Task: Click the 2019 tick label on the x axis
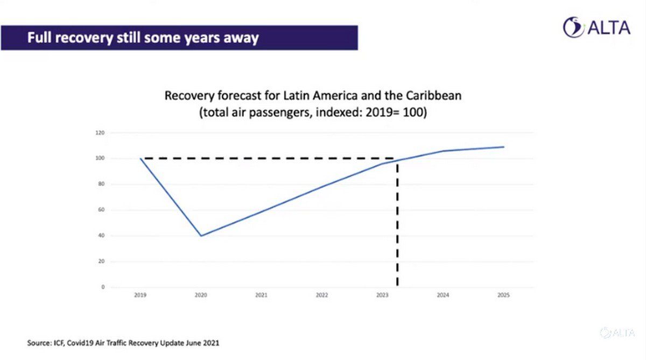141,295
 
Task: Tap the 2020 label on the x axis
201,295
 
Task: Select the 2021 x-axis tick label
262,295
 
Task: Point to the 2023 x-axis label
383,295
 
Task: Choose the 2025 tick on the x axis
503,295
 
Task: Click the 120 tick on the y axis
100,133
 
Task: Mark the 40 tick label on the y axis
101,236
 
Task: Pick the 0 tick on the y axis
103,287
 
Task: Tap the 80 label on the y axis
101,184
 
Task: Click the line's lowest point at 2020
201,236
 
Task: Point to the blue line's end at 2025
504,147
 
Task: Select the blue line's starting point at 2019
141,159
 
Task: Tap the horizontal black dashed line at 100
269,158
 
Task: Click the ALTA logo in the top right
596,27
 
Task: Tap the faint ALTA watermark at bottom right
619,333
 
